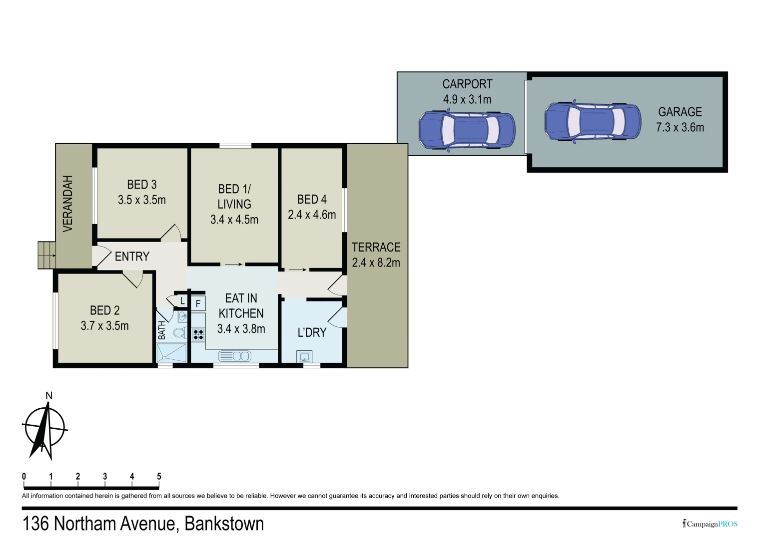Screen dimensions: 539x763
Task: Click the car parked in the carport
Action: click(x=466, y=130)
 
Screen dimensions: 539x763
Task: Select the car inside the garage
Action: click(x=592, y=122)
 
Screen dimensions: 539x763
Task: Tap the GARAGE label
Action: click(x=680, y=112)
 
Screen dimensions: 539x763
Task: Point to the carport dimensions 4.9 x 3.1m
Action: click(x=467, y=99)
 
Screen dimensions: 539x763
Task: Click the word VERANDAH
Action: click(x=68, y=203)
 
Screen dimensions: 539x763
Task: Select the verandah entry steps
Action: click(x=47, y=255)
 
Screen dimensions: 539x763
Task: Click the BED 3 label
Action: click(x=141, y=185)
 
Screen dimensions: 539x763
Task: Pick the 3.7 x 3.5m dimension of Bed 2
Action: click(x=104, y=326)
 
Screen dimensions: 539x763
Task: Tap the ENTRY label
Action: click(x=132, y=257)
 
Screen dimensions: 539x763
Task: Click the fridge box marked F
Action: click(x=198, y=303)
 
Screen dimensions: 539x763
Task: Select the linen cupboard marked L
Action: click(x=182, y=301)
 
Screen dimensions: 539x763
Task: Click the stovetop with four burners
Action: click(x=198, y=334)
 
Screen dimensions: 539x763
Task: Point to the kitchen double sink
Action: click(x=234, y=356)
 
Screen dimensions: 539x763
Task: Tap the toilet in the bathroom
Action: click(x=179, y=332)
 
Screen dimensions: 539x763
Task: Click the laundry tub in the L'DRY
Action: click(x=304, y=356)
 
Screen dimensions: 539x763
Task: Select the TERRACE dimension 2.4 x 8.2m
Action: click(x=376, y=263)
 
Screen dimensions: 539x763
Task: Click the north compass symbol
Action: click(x=44, y=429)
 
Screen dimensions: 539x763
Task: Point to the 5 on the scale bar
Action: click(x=159, y=476)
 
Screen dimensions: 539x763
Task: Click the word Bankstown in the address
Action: click(x=224, y=524)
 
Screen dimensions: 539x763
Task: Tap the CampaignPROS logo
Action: click(x=710, y=524)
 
